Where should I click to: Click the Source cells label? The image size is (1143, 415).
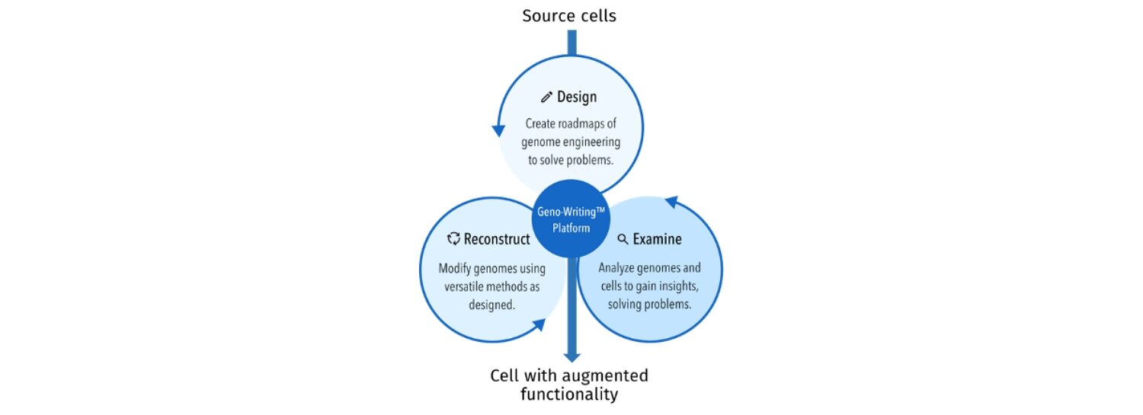click(x=569, y=15)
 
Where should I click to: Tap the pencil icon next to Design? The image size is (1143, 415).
click(x=546, y=97)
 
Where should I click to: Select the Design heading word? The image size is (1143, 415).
click(x=577, y=97)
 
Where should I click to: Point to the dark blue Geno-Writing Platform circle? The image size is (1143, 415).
click(x=571, y=219)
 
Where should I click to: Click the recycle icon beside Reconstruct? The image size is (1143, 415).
click(x=453, y=239)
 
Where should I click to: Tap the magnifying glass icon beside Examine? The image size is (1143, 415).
click(x=623, y=239)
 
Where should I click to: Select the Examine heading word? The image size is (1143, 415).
click(x=657, y=239)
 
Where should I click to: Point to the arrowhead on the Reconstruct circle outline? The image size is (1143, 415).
click(x=539, y=324)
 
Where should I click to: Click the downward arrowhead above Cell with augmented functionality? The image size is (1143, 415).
click(x=571, y=356)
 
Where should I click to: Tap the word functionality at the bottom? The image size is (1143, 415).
click(x=569, y=394)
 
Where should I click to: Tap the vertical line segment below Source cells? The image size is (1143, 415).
click(x=571, y=42)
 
